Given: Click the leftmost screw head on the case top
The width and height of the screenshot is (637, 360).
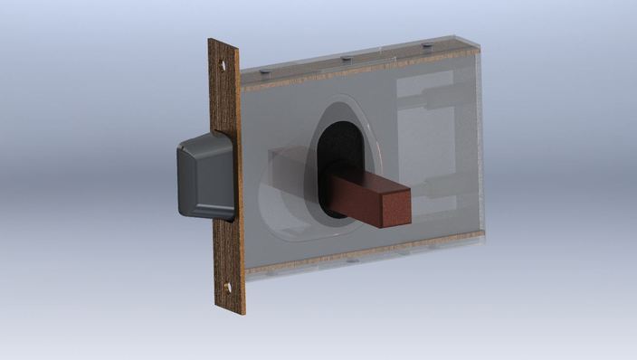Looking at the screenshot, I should tap(262, 71).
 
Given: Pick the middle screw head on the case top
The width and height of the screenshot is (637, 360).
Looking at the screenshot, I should tap(346, 59).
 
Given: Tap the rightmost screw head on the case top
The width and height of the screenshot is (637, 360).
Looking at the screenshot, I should tap(427, 45).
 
